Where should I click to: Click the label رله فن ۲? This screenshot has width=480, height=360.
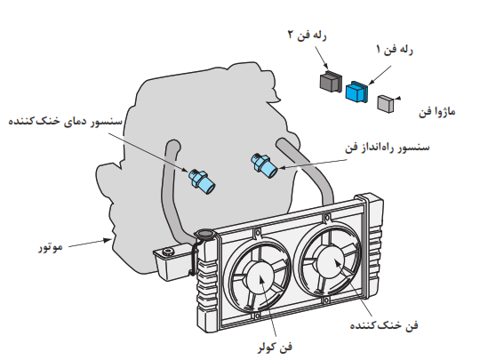pyautogui.click(x=307, y=36)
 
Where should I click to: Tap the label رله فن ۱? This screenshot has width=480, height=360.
pyautogui.click(x=395, y=49)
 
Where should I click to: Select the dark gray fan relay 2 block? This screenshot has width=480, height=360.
pyautogui.click(x=331, y=81)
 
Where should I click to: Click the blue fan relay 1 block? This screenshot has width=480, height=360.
pyautogui.click(x=357, y=92)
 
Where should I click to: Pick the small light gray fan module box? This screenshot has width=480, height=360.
pyautogui.click(x=386, y=104)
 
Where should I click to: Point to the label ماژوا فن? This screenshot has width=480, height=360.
pyautogui.click(x=436, y=112)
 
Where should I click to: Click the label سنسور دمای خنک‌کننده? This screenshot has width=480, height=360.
pyautogui.click(x=65, y=121)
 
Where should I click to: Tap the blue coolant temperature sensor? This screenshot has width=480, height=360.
pyautogui.click(x=202, y=181)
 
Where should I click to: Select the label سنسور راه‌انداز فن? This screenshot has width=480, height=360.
pyautogui.click(x=388, y=148)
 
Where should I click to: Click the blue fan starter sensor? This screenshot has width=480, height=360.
pyautogui.click(x=264, y=165)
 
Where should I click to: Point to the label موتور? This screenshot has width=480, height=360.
pyautogui.click(x=51, y=247)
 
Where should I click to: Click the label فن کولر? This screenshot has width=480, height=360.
pyautogui.click(x=275, y=348)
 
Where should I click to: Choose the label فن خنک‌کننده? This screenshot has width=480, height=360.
pyautogui.click(x=384, y=324)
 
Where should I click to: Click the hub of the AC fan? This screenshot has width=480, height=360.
pyautogui.click(x=260, y=277)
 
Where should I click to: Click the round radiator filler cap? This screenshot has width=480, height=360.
pyautogui.click(x=205, y=234)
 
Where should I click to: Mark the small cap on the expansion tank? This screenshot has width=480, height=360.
pyautogui.click(x=167, y=252)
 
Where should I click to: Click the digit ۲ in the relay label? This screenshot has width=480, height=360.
pyautogui.click(x=291, y=35)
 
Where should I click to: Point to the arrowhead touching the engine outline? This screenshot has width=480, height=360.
pyautogui.click(x=108, y=240)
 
